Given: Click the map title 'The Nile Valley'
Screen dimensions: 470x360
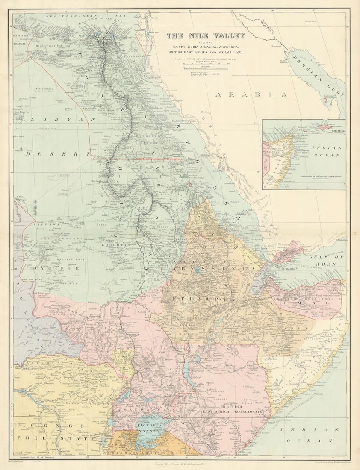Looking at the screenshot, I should [206, 36].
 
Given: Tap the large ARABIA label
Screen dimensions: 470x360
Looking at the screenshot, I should [251, 95].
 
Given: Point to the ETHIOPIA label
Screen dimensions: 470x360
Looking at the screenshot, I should [204, 300].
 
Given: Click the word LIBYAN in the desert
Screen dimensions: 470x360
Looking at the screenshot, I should [63, 119].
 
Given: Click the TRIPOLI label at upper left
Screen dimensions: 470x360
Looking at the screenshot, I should [20, 44].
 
